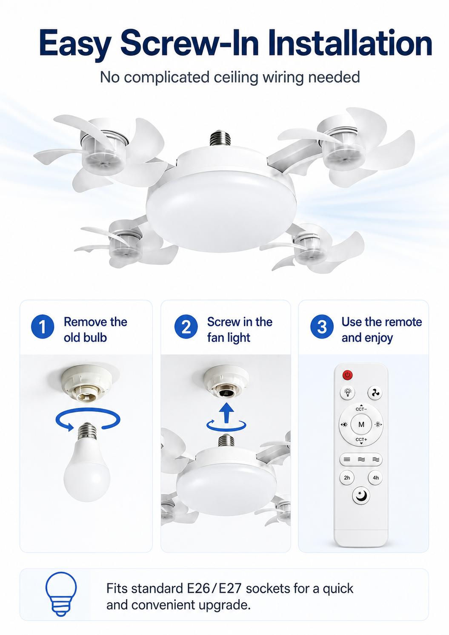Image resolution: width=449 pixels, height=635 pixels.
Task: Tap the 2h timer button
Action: pos(347,478)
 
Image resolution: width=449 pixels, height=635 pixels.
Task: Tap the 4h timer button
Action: pos(376,478)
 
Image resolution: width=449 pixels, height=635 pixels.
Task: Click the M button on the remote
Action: pos(361,424)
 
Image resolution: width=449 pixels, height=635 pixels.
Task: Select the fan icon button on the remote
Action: pos(375,393)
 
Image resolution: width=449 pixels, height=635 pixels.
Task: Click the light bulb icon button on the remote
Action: pos(347,393)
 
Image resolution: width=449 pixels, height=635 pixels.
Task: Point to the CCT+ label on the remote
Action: pos(361,440)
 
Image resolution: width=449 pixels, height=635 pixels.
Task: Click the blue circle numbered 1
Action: pos(43,327)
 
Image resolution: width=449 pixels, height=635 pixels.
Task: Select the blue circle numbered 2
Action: pos(186,327)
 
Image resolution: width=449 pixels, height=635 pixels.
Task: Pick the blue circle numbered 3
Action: pos(322,327)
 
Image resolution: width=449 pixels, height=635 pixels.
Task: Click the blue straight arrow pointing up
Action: pos(226,413)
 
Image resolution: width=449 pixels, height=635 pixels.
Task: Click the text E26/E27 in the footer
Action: pos(214,589)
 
